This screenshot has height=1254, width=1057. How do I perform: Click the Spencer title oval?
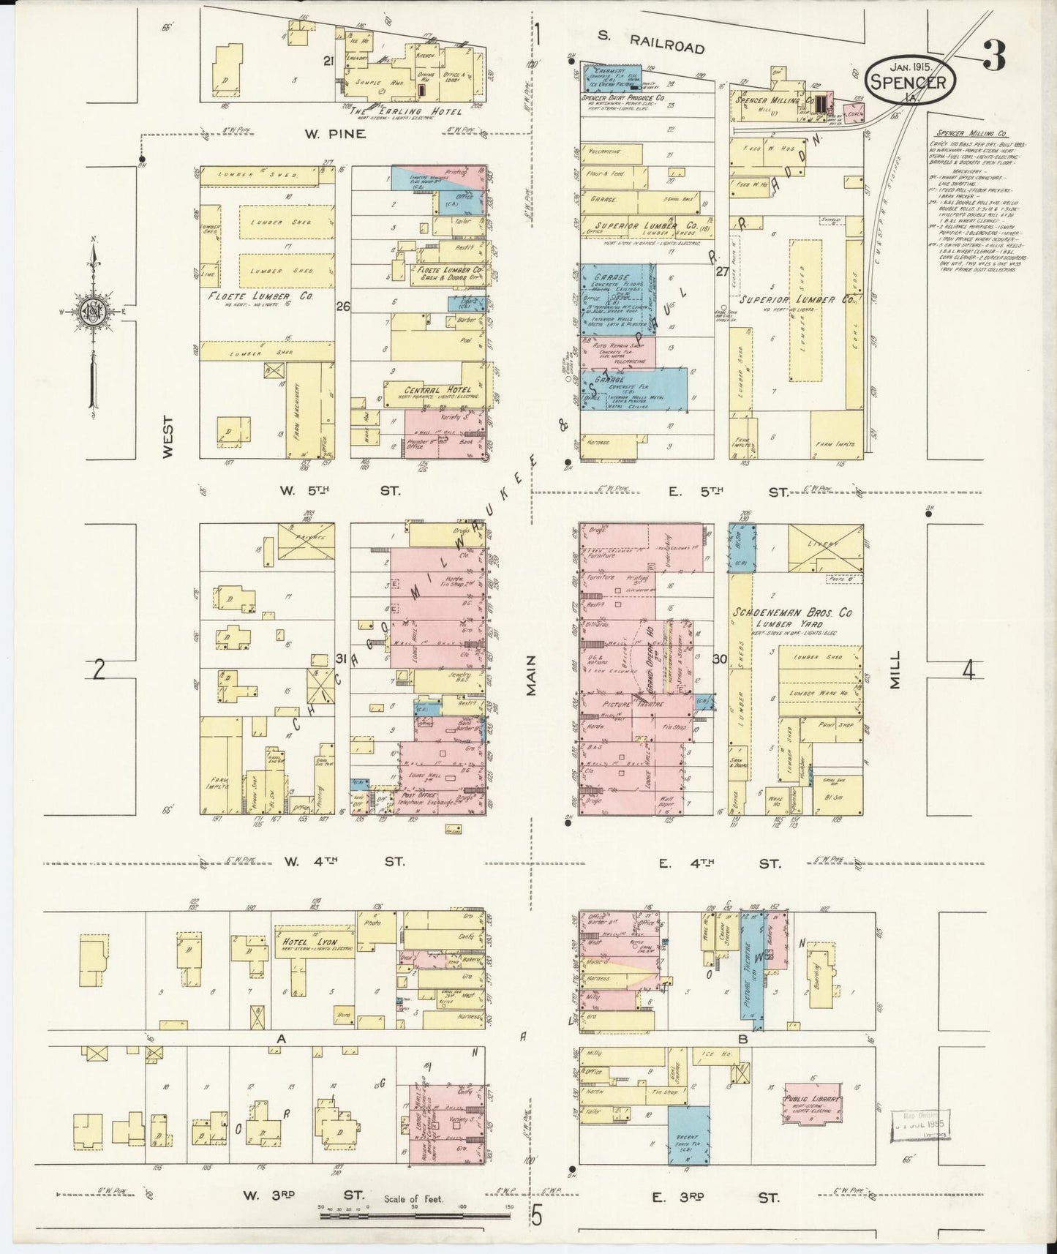[x=911, y=76]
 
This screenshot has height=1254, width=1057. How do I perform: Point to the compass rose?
[x=94, y=311]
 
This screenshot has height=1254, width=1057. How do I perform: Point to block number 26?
[x=342, y=307]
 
